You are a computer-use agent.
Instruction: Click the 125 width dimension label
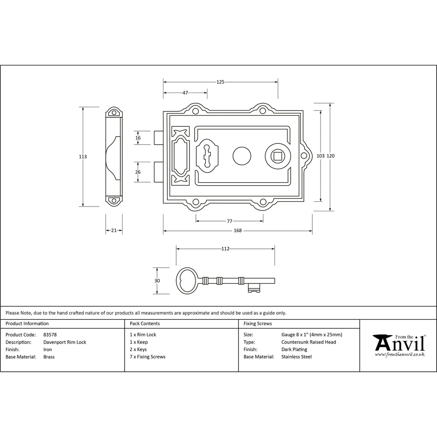point(220,82)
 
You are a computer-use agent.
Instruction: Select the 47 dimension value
point(185,93)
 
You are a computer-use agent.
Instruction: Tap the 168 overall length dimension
point(238,230)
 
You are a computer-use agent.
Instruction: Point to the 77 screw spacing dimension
point(229,221)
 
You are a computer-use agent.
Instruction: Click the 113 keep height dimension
point(83,157)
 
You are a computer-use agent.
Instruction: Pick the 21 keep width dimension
point(114,230)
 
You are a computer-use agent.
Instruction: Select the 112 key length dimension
point(225,249)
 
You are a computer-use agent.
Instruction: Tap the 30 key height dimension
point(157,281)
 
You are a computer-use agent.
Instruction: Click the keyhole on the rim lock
point(207,156)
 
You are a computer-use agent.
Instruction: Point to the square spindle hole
point(277,156)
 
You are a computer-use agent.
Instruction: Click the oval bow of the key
point(187,281)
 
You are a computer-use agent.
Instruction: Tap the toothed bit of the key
point(254,288)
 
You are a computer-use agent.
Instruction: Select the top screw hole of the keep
point(114,113)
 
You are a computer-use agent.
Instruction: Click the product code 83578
point(50,335)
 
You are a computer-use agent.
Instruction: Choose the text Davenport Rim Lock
point(65,342)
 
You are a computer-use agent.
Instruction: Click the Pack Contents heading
point(145,323)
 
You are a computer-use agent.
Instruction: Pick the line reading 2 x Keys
point(138,350)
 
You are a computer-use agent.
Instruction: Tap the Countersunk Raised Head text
point(309,342)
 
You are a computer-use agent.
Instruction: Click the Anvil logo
point(399,345)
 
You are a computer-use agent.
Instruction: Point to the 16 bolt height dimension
point(138,138)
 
